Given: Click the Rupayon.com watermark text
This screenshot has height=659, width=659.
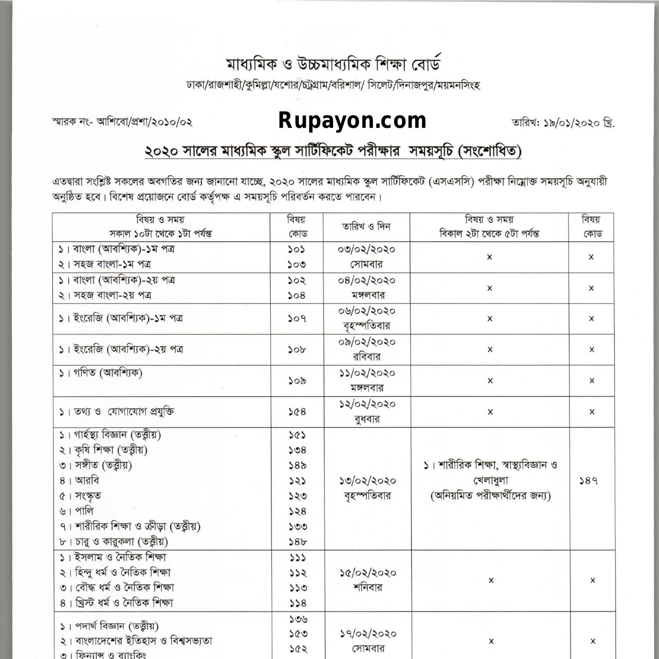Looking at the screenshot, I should (x=352, y=120).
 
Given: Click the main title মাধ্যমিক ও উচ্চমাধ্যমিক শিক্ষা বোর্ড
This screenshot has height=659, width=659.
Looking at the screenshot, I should (x=333, y=65).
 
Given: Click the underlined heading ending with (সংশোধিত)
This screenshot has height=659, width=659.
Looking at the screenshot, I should (x=333, y=152).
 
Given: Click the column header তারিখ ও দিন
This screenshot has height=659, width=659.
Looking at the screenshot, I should (x=366, y=227).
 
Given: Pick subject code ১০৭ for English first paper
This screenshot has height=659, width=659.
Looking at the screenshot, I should (x=297, y=318).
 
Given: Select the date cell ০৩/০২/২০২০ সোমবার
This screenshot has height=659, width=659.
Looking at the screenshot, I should (x=366, y=257).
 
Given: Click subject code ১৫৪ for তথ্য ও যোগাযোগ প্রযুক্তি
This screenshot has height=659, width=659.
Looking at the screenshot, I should (x=297, y=412).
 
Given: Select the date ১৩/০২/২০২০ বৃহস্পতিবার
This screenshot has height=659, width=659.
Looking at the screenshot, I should (x=367, y=488).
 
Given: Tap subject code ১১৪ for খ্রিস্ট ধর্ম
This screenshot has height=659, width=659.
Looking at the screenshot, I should (x=297, y=603).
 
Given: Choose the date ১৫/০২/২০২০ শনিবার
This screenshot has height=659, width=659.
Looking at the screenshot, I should (x=367, y=580).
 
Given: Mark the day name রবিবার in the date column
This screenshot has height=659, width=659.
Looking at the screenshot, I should (x=367, y=357).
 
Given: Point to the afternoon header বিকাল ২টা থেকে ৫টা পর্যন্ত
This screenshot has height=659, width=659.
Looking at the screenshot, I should (x=489, y=234).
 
